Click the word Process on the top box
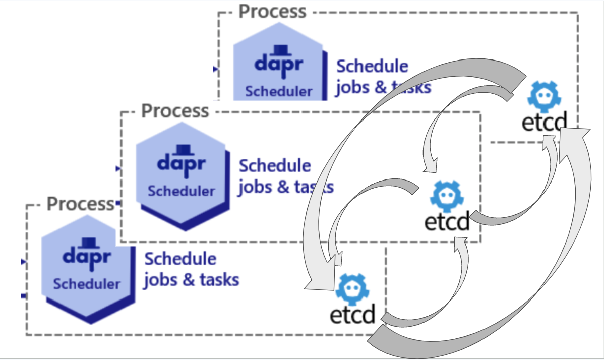[272, 11]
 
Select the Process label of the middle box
[175, 110]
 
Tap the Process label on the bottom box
[81, 204]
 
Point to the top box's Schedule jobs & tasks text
[383, 77]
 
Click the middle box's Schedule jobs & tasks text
[286, 176]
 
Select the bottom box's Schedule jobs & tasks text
[191, 269]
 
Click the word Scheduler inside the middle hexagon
[181, 191]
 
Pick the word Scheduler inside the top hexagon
[278, 92]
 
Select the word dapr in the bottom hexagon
[87, 256]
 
